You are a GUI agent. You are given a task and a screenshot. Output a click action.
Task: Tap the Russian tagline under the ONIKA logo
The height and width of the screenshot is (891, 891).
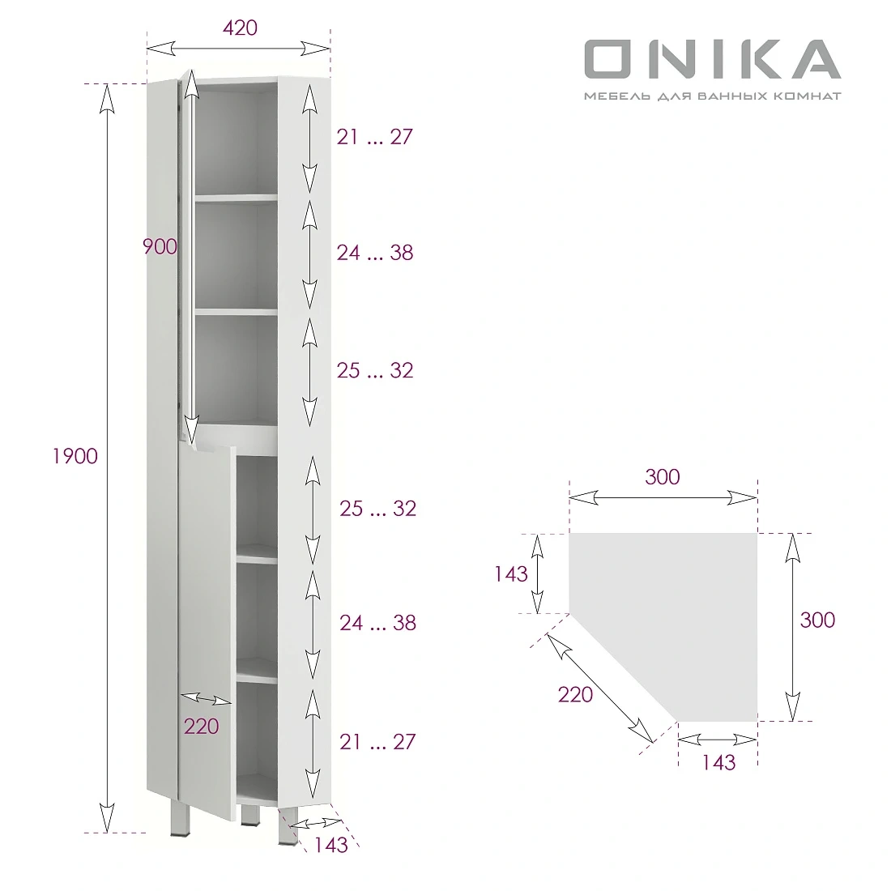712,96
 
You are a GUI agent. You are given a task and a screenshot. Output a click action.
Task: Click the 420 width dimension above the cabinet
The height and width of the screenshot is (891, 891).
240,28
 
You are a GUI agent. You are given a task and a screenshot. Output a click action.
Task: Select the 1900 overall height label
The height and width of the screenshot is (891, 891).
75,456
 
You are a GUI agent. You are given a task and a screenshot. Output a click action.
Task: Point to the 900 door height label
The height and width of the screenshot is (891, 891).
160,246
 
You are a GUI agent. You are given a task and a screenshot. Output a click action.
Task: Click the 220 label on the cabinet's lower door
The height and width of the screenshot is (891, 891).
201,726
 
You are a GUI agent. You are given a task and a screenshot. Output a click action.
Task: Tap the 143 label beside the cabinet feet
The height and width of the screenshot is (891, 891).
330,845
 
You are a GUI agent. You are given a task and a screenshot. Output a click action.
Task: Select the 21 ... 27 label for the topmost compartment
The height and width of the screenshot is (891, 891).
375,137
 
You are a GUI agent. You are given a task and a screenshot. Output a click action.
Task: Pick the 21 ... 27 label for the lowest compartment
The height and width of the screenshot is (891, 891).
377,741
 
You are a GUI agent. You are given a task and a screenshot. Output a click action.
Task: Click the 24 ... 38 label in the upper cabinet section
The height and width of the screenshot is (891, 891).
375,253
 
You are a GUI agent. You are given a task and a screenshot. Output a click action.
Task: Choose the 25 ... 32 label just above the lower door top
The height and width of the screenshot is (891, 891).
375,370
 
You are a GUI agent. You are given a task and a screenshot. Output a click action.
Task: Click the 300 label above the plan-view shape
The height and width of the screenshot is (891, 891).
663,477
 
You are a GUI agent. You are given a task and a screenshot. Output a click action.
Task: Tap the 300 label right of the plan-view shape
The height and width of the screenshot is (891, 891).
816,620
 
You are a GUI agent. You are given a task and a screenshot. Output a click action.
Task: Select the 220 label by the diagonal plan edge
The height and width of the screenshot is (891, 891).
575,694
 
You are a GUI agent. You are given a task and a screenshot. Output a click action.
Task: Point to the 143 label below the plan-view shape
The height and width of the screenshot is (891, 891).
718,762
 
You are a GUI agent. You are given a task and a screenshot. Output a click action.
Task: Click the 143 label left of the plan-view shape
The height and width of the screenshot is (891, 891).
511,574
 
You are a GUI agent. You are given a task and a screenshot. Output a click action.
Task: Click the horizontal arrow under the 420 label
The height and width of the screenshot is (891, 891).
240,48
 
